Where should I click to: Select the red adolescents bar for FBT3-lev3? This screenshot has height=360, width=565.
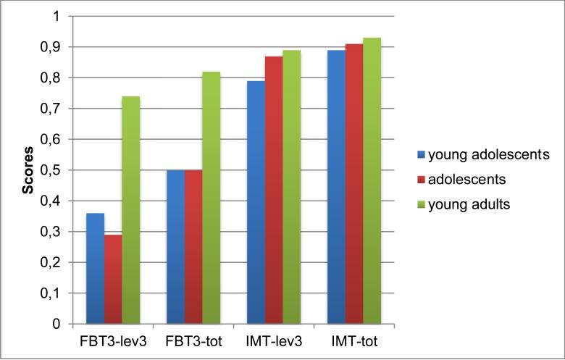pyautogui.click(x=113, y=280)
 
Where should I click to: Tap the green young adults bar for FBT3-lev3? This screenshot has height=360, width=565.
pyautogui.click(x=130, y=210)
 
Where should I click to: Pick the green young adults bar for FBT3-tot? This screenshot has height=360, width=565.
pyautogui.click(x=211, y=198)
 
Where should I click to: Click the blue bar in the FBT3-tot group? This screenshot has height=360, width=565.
pyautogui.click(x=175, y=247)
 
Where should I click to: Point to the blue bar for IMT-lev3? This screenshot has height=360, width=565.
pyautogui.click(x=256, y=202)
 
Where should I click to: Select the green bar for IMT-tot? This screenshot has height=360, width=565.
pyautogui.click(x=371, y=181)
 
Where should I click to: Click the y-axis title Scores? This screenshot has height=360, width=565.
pyautogui.click(x=28, y=170)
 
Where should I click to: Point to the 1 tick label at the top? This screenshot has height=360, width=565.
pyautogui.click(x=59, y=16)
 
